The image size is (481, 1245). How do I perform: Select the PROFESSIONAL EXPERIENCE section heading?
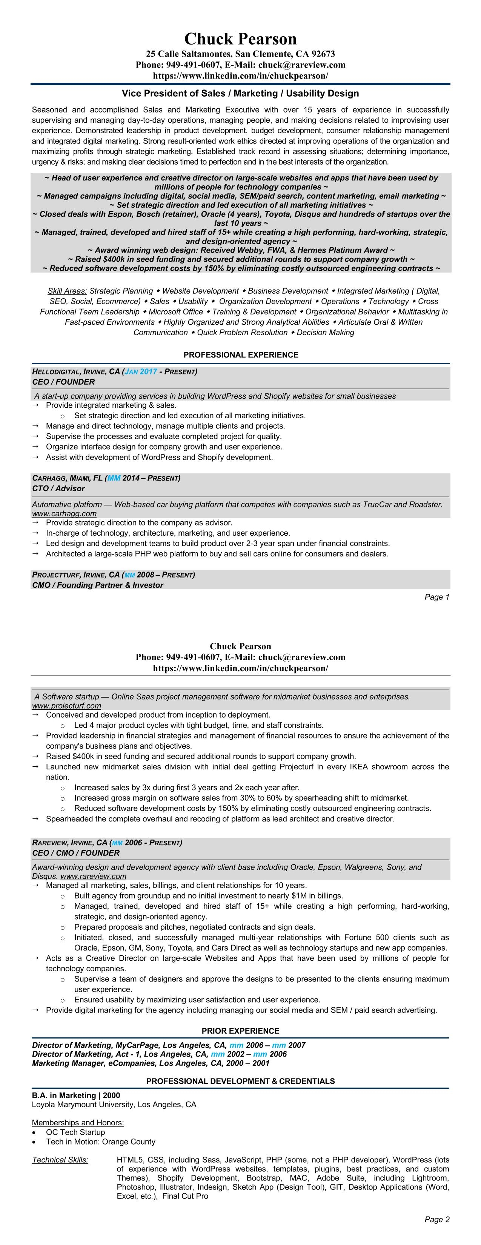pyautogui.click(x=241, y=355)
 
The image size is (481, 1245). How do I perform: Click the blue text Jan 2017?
pyautogui.click(x=141, y=372)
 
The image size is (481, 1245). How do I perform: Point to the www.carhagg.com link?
pyautogui.click(x=64, y=513)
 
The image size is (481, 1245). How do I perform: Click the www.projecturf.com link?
pyautogui.click(x=67, y=706)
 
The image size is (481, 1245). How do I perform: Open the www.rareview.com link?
pyautogui.click(x=93, y=876)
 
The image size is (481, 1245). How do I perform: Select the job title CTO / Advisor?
pyautogui.click(x=58, y=488)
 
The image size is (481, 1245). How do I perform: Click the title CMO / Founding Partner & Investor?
pyautogui.click(x=98, y=585)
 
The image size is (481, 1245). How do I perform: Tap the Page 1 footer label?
pyautogui.click(x=436, y=597)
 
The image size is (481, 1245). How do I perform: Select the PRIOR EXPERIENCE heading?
pyautogui.click(x=241, y=1031)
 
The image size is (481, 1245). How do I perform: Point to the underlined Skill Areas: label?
pyautogui.click(x=67, y=291)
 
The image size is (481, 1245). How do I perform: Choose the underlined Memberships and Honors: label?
pyautogui.click(x=78, y=1123)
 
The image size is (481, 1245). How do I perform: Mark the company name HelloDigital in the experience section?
pyautogui.click(x=55, y=372)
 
